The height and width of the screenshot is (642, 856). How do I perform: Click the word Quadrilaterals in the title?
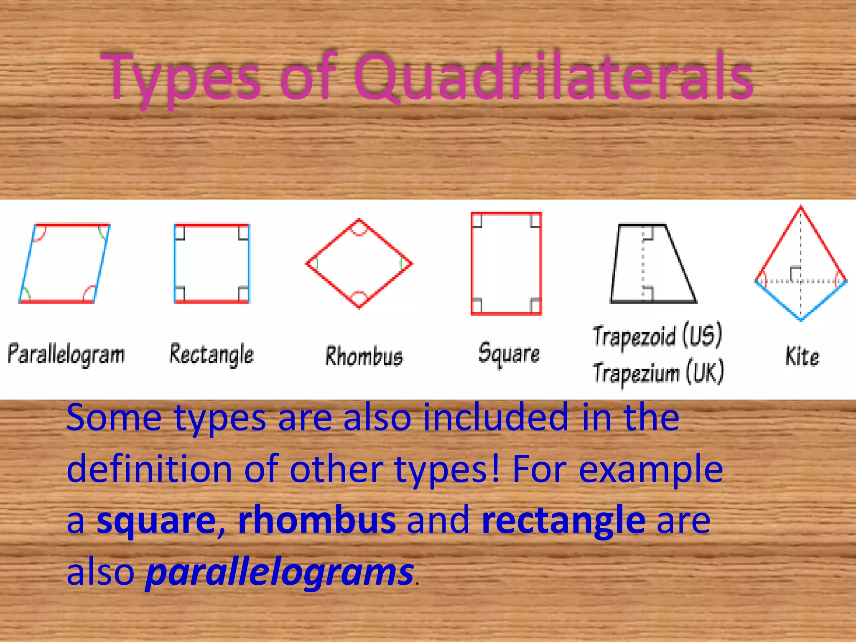click(x=553, y=78)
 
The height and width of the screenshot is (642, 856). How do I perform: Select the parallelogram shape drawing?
click(x=65, y=263)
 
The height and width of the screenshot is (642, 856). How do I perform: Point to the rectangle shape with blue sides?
click(x=211, y=263)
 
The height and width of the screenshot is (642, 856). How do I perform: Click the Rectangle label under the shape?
click(x=211, y=354)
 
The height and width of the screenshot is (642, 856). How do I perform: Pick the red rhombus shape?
click(x=359, y=263)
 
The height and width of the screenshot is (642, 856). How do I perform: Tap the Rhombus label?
click(x=364, y=357)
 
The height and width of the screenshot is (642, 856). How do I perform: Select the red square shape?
click(x=506, y=263)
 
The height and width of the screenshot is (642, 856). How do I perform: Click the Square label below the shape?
click(x=509, y=354)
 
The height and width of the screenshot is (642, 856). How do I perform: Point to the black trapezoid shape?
click(x=652, y=263)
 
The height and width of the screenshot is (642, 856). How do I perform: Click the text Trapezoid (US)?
click(x=657, y=336)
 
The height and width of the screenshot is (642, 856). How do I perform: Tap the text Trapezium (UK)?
click(x=658, y=373)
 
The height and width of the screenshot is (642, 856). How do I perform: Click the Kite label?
click(x=802, y=357)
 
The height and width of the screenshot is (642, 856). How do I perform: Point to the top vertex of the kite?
click(x=801, y=206)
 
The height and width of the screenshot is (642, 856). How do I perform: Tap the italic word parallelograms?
click(x=279, y=572)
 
